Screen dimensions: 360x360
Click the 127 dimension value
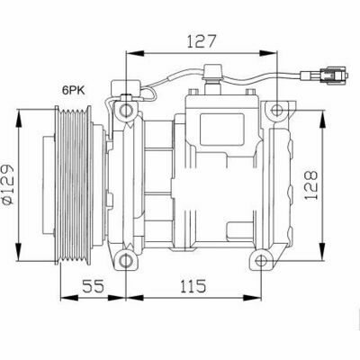click(x=202, y=41)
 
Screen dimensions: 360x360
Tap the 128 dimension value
click(x=310, y=185)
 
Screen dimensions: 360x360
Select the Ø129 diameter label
click(x=8, y=184)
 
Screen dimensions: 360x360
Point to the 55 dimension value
click(x=93, y=286)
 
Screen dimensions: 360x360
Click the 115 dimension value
click(x=193, y=286)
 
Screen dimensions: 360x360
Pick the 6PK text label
click(x=74, y=90)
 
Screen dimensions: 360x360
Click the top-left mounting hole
click(x=126, y=110)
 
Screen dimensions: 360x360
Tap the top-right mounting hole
click(x=276, y=110)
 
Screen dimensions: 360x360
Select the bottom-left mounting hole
click(x=126, y=260)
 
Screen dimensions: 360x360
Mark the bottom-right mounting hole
click(x=261, y=260)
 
